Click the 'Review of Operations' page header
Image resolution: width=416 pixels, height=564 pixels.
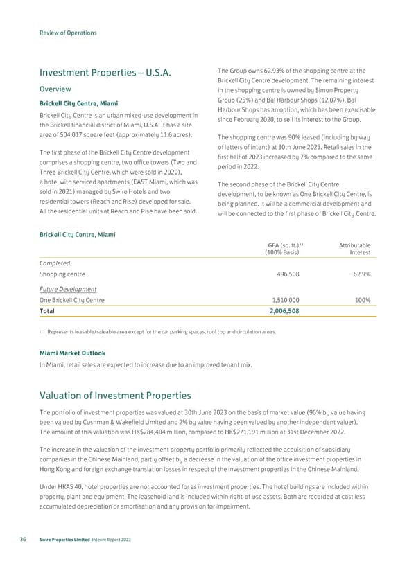click(x=67, y=33)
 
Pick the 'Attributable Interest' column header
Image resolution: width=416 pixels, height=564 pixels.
click(x=354, y=249)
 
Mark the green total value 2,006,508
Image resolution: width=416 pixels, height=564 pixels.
click(x=283, y=312)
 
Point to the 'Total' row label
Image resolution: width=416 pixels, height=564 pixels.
click(x=48, y=312)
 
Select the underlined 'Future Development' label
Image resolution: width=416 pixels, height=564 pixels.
click(x=68, y=288)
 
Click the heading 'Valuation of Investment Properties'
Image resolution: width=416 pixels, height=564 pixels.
click(x=114, y=396)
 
